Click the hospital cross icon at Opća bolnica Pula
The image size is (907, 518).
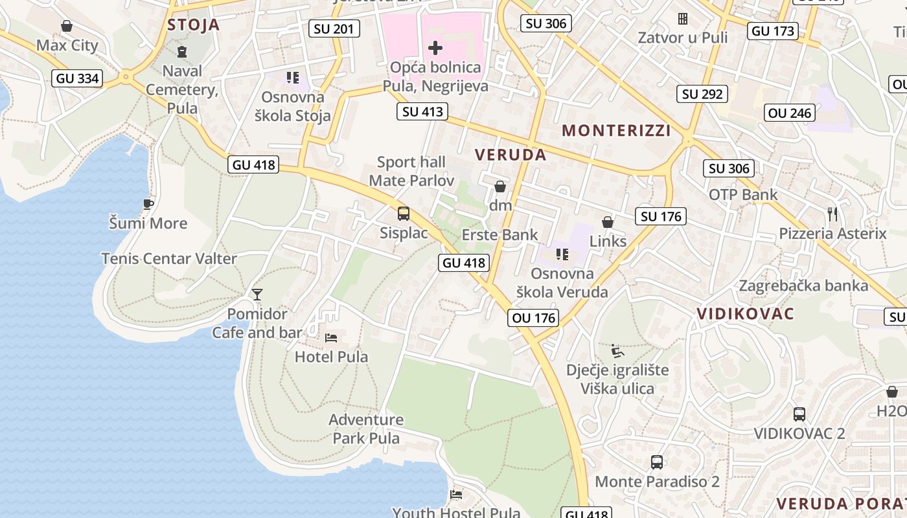(x=435, y=47)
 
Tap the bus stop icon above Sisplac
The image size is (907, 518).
(x=403, y=213)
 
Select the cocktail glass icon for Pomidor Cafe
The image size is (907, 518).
(x=257, y=295)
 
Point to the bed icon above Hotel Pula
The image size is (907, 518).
(x=331, y=337)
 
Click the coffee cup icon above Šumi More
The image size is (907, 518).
(x=148, y=204)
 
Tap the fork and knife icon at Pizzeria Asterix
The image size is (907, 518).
(x=832, y=213)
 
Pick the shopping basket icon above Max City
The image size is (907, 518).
(x=66, y=26)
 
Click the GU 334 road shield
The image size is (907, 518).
(x=77, y=78)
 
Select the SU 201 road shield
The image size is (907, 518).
(x=334, y=28)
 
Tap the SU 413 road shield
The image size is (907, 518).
(x=423, y=111)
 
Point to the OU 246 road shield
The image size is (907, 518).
(x=789, y=113)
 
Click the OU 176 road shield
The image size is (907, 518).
(x=534, y=317)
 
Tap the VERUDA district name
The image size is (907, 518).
(x=511, y=155)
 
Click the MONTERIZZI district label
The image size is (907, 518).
(x=616, y=130)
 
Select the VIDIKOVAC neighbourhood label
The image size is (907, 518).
(x=745, y=314)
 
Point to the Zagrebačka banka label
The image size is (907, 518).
(x=803, y=286)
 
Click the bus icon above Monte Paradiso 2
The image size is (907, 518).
(x=657, y=462)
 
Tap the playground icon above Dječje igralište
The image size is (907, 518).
(x=617, y=350)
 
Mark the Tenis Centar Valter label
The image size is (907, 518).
(x=169, y=258)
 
